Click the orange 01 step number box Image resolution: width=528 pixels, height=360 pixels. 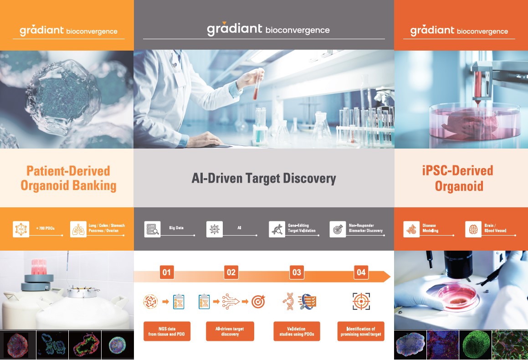(x=167, y=272)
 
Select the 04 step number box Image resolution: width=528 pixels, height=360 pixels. (x=361, y=272)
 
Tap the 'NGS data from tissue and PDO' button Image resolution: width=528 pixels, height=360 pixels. (x=167, y=331)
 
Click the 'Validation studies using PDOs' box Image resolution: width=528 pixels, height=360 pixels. (x=296, y=331)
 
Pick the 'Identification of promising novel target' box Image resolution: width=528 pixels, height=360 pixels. (x=361, y=331)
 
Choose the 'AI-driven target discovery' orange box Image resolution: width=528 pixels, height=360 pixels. (x=230, y=331)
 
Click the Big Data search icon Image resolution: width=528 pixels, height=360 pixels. (x=152, y=229)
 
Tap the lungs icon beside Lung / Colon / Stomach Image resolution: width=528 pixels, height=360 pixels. (x=78, y=229)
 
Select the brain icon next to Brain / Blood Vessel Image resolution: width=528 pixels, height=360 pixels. (x=473, y=229)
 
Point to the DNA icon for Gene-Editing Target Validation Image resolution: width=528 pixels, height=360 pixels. (x=277, y=229)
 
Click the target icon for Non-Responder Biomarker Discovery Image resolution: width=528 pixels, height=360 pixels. (x=338, y=229)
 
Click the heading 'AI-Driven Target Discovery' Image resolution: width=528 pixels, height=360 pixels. (x=264, y=178)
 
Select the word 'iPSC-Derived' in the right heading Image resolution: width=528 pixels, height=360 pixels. (x=458, y=170)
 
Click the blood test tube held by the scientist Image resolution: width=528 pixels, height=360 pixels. (x=257, y=84)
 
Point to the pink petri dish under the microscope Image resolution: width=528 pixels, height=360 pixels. (x=457, y=295)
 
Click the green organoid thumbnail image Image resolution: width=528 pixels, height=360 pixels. (x=475, y=344)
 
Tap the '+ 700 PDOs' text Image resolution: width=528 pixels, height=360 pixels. (x=45, y=228)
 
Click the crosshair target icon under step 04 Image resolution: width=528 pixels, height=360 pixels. (x=361, y=301)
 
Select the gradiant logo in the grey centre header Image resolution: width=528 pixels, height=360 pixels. (x=268, y=29)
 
